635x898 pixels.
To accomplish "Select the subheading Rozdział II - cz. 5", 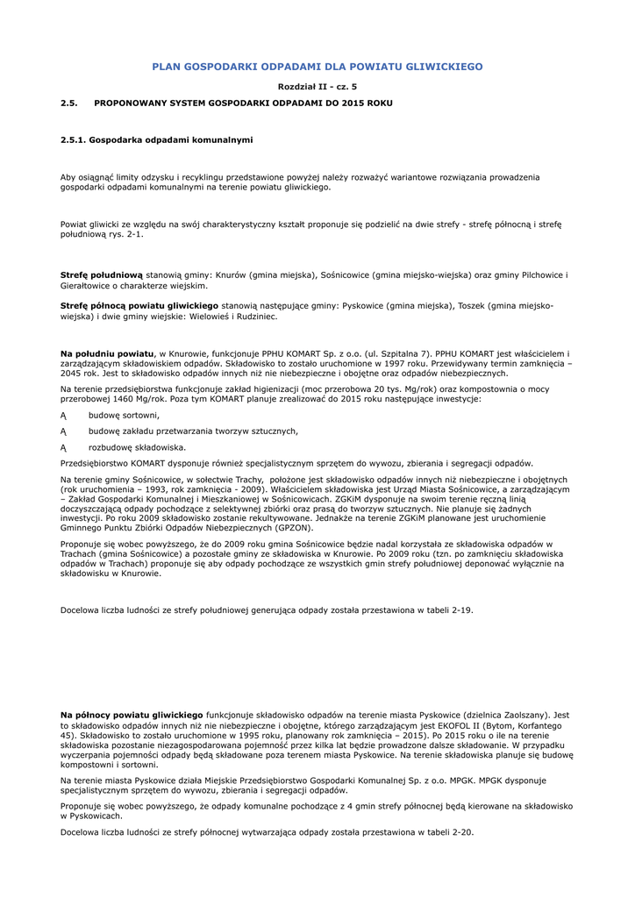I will pyautogui.click(x=317, y=86).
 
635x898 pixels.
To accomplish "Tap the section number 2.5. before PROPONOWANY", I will pyautogui.click(x=69, y=103).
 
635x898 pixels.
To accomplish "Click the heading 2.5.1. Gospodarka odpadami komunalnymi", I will pyautogui.click(x=156, y=139).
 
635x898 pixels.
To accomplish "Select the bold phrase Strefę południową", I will pyautogui.click(x=101, y=274).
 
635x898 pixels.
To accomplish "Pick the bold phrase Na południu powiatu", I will pyautogui.click(x=107, y=353).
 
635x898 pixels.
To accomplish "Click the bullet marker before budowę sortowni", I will pyautogui.click(x=63, y=415).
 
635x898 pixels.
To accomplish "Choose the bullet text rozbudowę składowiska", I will pyautogui.click(x=137, y=447).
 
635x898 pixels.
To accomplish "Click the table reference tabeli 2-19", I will pyautogui.click(x=446, y=609).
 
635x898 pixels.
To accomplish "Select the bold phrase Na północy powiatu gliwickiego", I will pyautogui.click(x=132, y=715).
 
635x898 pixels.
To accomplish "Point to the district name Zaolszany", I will pyautogui.click(x=514, y=715).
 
